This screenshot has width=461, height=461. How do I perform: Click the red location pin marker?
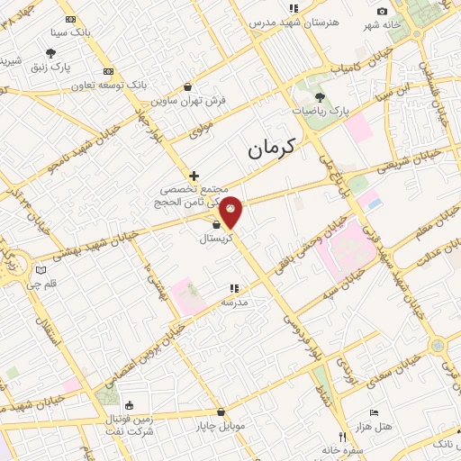[x=230, y=211]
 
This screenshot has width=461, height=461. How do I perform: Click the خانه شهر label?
[x=381, y=24]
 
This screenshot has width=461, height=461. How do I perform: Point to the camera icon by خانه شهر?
[x=383, y=12]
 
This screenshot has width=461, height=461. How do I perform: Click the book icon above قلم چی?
[x=41, y=270]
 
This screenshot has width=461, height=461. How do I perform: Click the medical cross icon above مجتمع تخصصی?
[x=194, y=175]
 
